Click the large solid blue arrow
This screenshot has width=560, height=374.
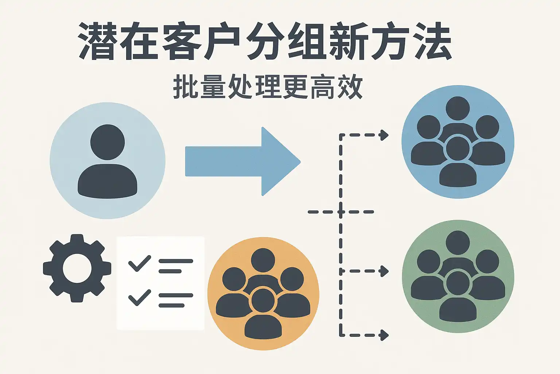pyautogui.click(x=243, y=161)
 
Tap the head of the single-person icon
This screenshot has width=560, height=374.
pyautogui.click(x=108, y=142)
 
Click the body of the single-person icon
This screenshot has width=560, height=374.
pyautogui.click(x=108, y=182)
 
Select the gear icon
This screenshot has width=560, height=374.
pyautogui.click(x=77, y=268)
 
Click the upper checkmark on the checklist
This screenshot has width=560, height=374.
pyautogui.click(x=140, y=263)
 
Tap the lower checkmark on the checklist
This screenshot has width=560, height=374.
pyautogui.click(x=140, y=298)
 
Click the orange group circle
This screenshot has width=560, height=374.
pyautogui.click(x=263, y=294)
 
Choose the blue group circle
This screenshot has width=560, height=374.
pyautogui.click(x=458, y=142)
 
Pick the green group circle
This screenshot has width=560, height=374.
pyautogui.click(x=458, y=276)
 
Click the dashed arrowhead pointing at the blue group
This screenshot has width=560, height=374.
pyautogui.click(x=384, y=135)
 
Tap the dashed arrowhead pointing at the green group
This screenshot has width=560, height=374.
pyautogui.click(x=384, y=271)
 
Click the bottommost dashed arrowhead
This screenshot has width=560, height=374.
pyautogui.click(x=384, y=335)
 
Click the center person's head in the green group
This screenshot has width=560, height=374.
pyautogui.click(x=458, y=283)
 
